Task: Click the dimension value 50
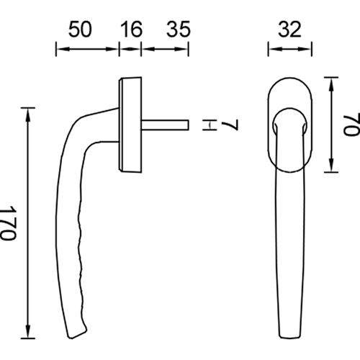(x=80, y=30)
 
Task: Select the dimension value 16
(x=131, y=30)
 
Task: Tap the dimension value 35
(x=179, y=30)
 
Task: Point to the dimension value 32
(x=289, y=30)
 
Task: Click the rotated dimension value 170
(x=9, y=222)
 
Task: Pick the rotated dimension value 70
(x=352, y=124)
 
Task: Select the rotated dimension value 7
(x=230, y=125)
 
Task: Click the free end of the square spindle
(x=188, y=125)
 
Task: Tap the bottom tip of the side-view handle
(x=71, y=338)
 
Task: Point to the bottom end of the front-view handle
(x=289, y=337)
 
